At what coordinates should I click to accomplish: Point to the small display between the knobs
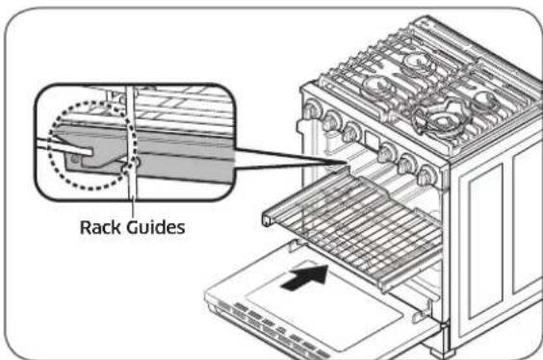pos(367,143)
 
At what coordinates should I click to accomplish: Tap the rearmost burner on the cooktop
pos(416,64)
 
